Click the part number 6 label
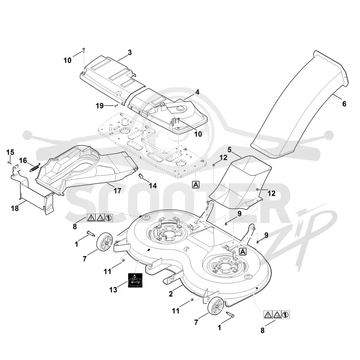click(344, 104)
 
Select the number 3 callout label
click(130, 53)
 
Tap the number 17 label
click(117, 190)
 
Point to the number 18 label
click(15, 208)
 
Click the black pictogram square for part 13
click(135, 280)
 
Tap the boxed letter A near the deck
click(243, 252)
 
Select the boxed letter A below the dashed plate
click(196, 184)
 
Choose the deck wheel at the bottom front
click(216, 306)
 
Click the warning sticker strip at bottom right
click(276, 315)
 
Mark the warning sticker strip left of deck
click(100, 218)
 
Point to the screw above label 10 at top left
click(84, 50)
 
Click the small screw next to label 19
click(116, 105)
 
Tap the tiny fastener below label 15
click(9, 162)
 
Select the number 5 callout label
click(229, 150)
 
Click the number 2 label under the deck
click(171, 294)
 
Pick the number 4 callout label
click(197, 92)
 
